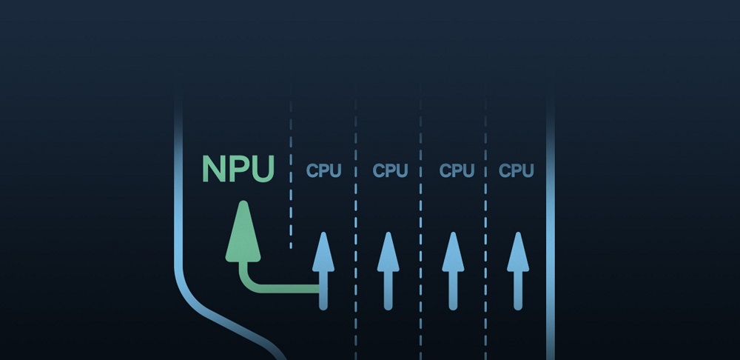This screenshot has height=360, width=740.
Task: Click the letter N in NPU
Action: pos(215,169)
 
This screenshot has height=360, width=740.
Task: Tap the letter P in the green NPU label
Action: pos(239,169)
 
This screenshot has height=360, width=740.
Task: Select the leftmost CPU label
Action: pos(323,171)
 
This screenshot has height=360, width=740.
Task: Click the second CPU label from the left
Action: pos(390,171)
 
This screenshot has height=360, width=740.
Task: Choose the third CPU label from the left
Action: pos(457,171)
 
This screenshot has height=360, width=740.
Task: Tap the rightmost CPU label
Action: pos(517,171)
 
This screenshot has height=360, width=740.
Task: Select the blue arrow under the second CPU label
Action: pos(388,270)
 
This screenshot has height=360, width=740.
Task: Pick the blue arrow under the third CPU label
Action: pos(453,270)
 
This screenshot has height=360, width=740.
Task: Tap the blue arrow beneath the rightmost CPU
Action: pos(518,270)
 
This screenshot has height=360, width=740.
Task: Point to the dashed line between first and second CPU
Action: pos(356,222)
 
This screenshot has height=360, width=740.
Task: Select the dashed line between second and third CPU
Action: pos(421,222)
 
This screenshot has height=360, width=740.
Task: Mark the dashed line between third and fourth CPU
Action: pos(485,222)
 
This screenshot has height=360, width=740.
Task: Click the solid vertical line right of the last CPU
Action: pos(550,222)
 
